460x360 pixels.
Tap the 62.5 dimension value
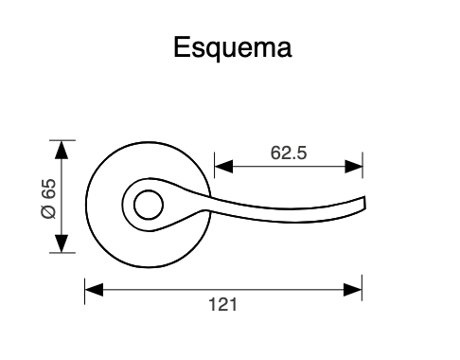coord(289,152)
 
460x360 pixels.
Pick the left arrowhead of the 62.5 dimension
coord(223,168)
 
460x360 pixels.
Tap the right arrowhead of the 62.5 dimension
coord(354,168)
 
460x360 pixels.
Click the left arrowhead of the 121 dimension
coord(93,288)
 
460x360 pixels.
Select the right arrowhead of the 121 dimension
coord(354,288)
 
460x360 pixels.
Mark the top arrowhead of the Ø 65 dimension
coord(63,149)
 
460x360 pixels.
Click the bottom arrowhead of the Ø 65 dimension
coord(63,245)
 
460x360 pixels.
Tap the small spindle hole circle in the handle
coord(147,203)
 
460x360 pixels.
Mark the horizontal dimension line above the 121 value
coord(222,288)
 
